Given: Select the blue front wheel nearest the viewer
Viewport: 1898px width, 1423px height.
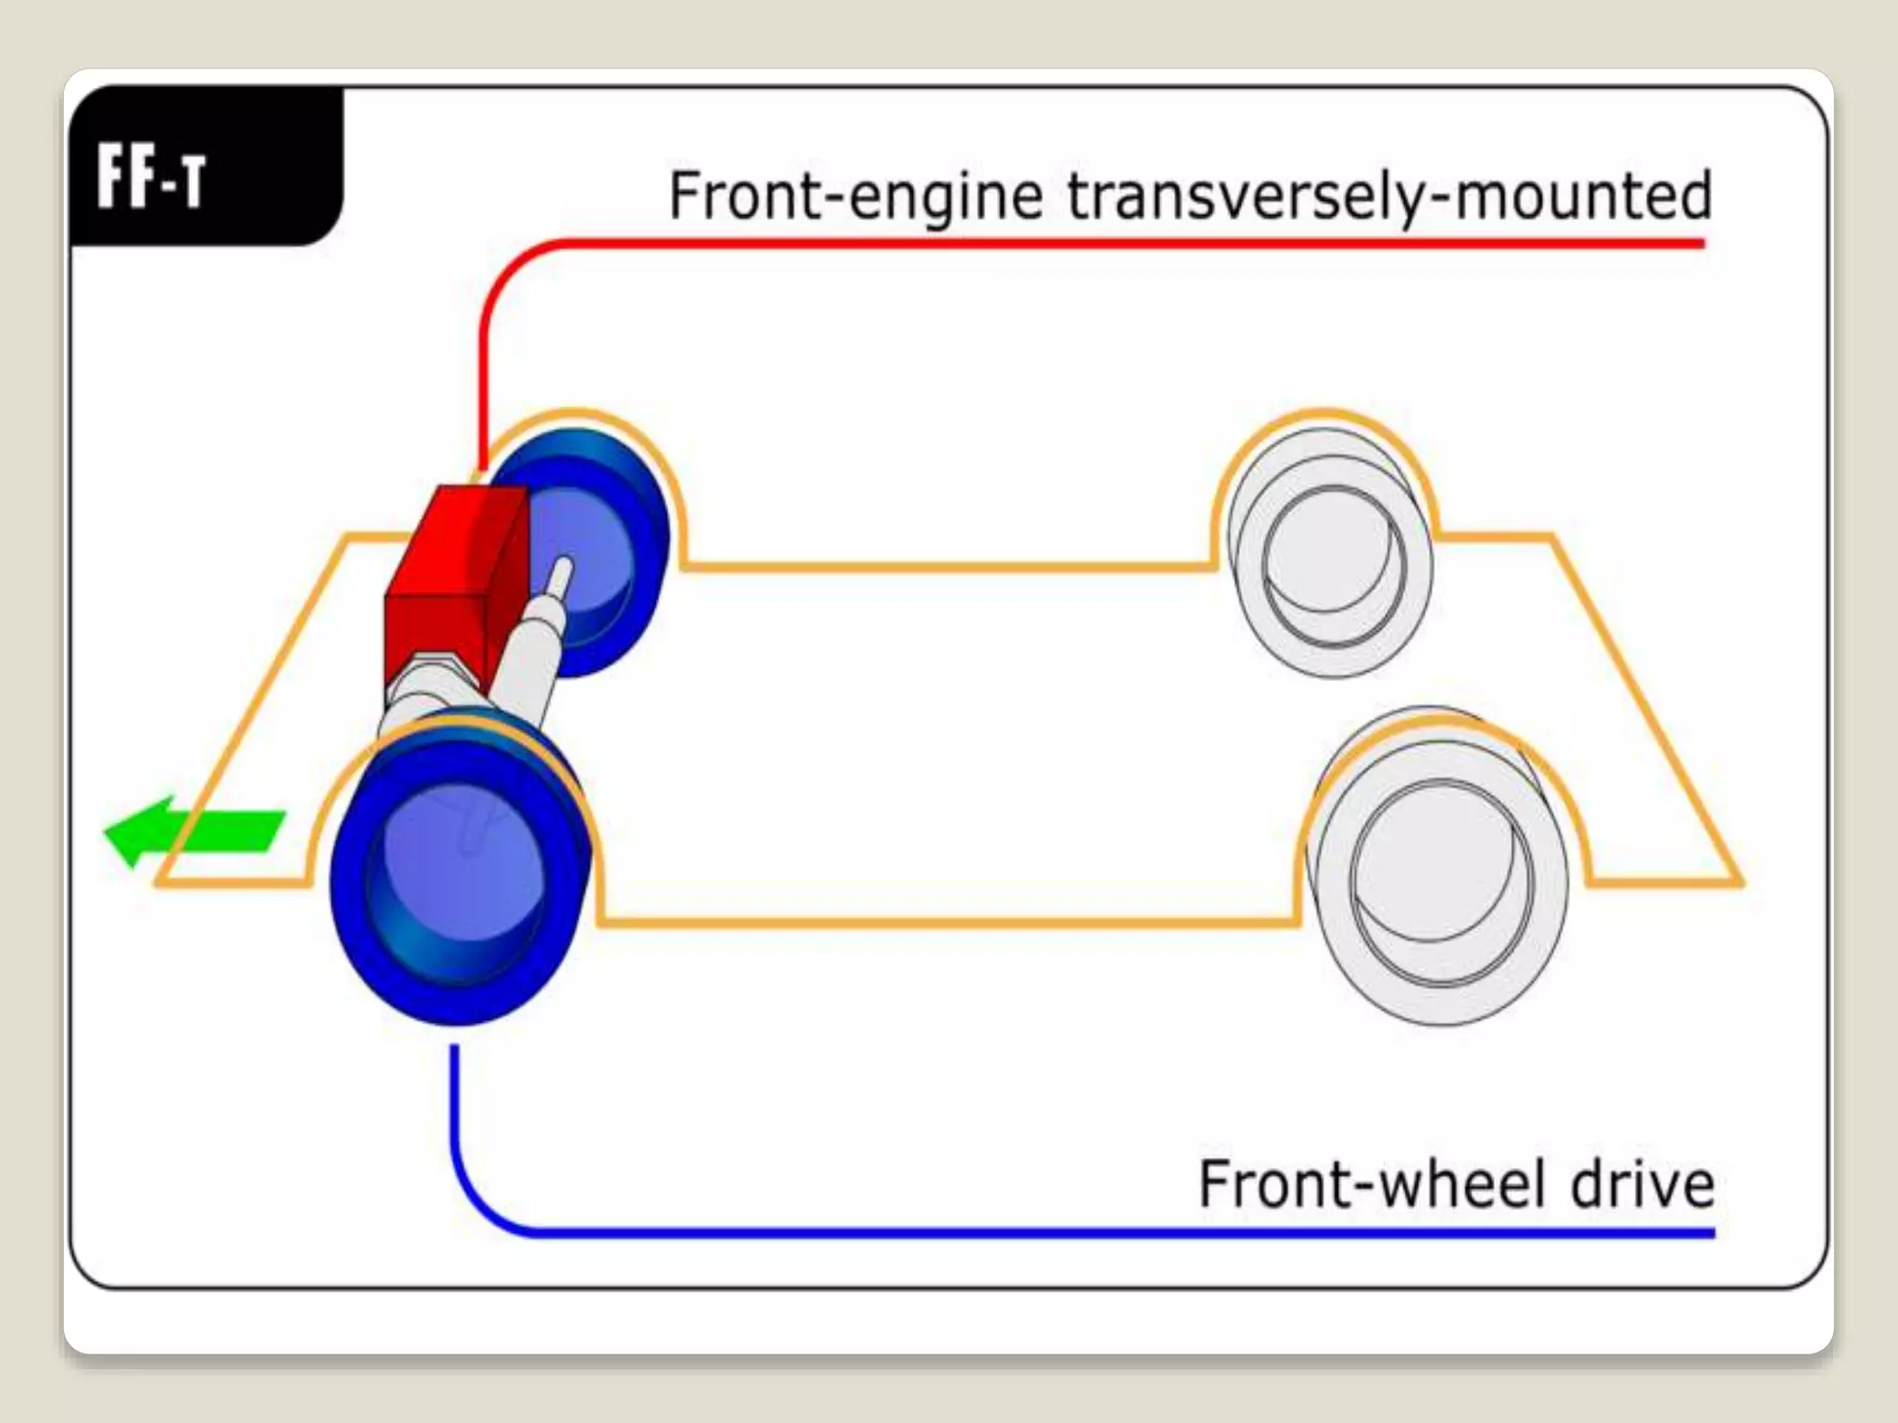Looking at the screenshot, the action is (459, 871).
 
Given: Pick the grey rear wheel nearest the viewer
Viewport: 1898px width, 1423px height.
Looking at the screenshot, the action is (1436, 880).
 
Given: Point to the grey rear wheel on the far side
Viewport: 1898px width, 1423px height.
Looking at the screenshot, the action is (1330, 556).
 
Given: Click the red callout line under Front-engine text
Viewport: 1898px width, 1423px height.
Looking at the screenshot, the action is (1112, 244).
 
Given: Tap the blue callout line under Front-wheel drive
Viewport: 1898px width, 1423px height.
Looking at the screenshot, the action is (1112, 1233).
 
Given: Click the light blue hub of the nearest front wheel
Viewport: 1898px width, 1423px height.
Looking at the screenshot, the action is (454, 862).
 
